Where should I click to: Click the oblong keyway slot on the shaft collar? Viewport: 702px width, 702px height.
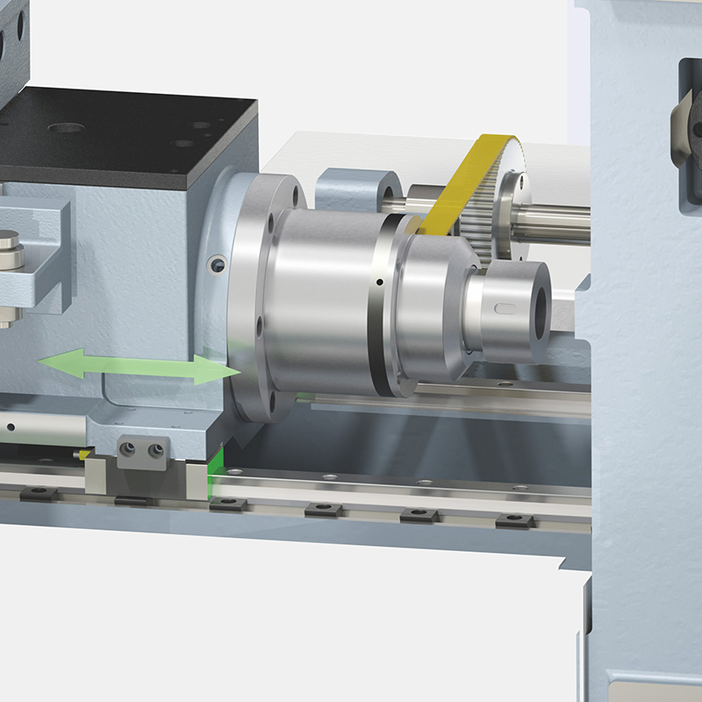coord(506,307)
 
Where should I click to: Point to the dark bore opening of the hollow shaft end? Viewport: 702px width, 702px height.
coord(538,310)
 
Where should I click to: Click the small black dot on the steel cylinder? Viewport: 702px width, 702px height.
coord(378,283)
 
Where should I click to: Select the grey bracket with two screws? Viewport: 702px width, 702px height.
coord(141,451)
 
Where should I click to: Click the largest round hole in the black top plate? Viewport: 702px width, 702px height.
coord(66,128)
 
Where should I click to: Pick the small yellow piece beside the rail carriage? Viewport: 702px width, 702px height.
coord(83,454)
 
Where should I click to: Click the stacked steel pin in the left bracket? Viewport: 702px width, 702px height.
coord(10,249)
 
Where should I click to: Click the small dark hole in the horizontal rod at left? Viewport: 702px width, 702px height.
coord(11,427)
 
